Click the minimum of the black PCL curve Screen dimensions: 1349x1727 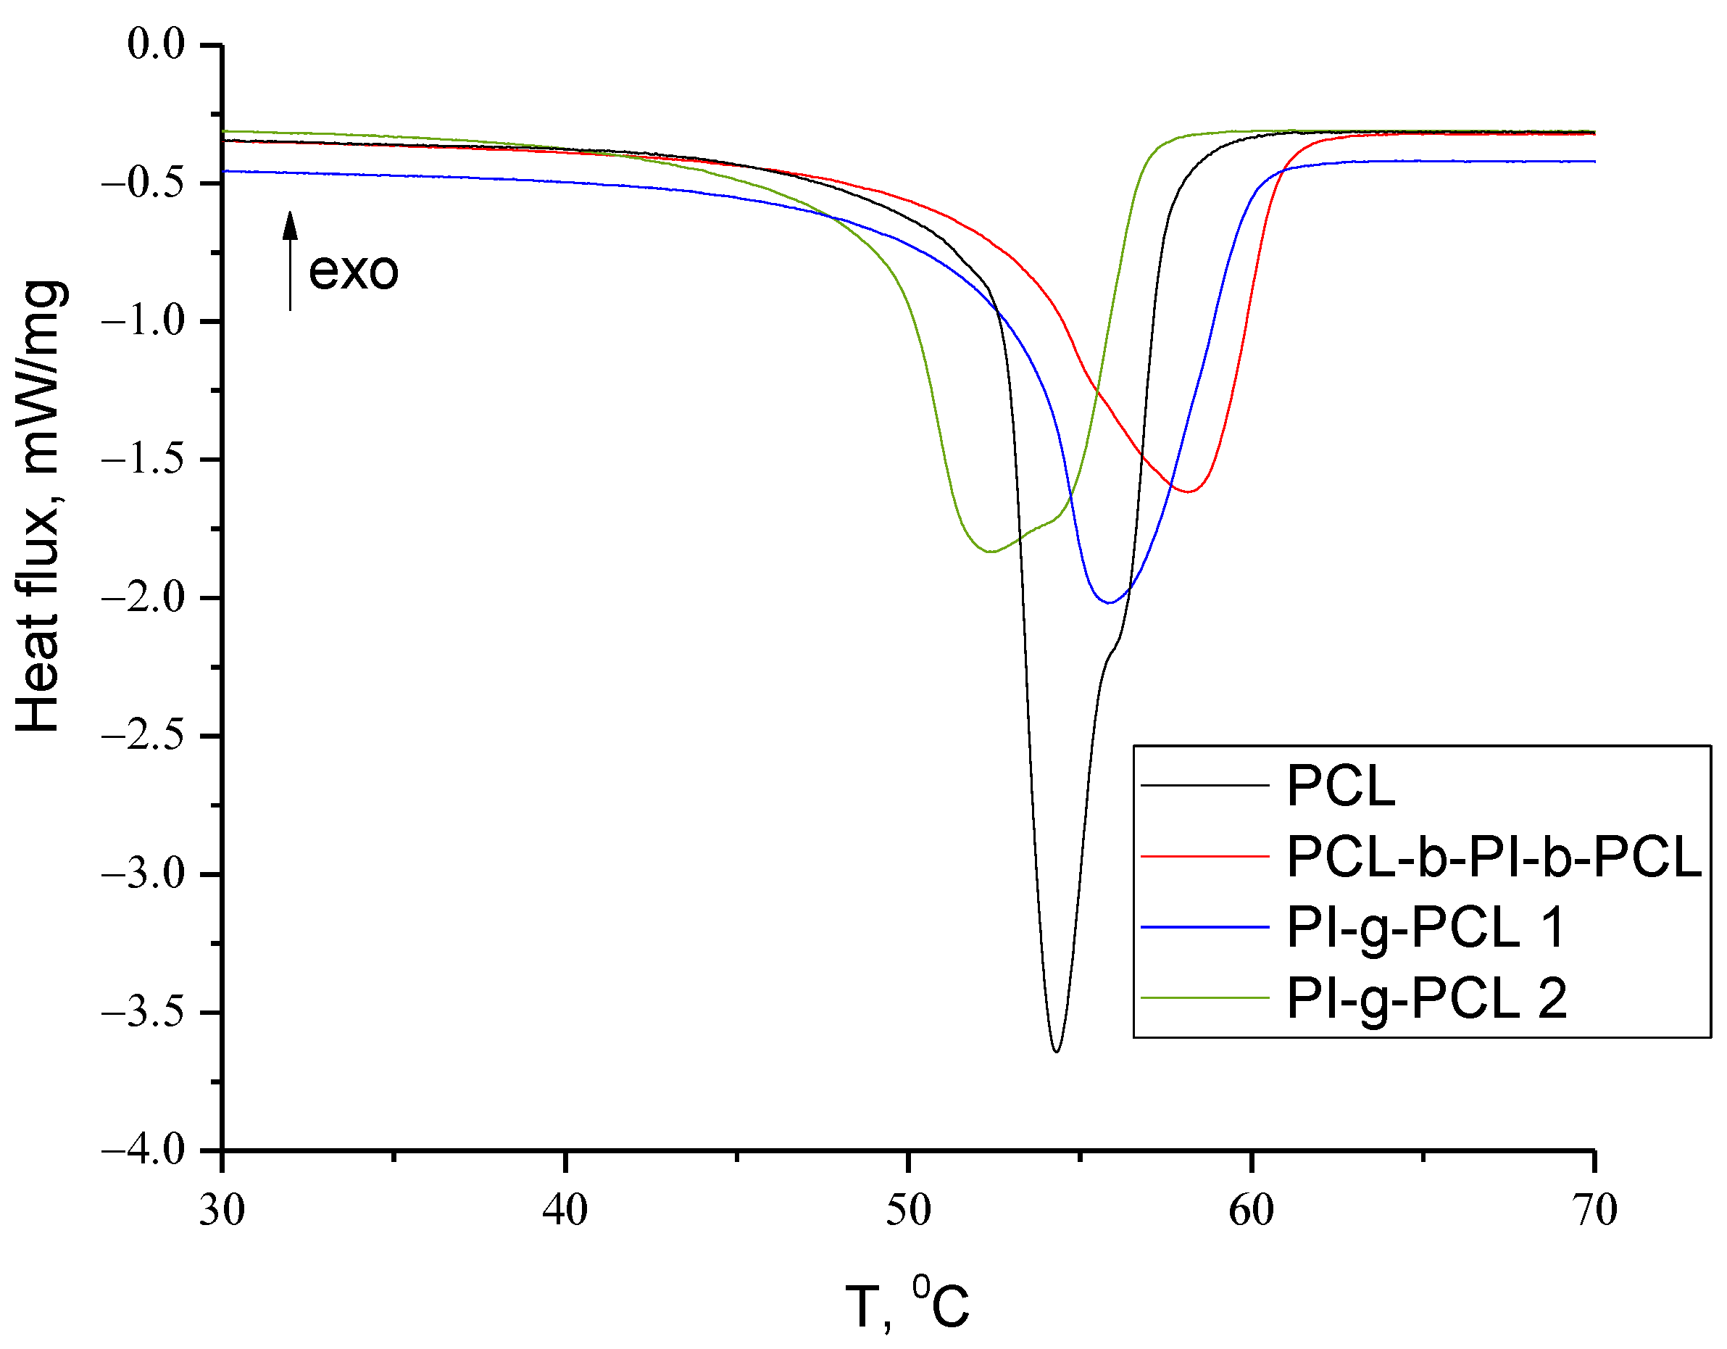(x=1057, y=1050)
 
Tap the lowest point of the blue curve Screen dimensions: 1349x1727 (x=1110, y=602)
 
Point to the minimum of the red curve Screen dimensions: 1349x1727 (x=1189, y=491)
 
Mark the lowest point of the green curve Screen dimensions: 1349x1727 (x=990, y=551)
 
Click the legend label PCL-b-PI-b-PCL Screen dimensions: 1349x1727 (x=1493, y=856)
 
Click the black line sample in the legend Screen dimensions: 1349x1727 (x=1204, y=785)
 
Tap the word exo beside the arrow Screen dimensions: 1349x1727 (x=353, y=271)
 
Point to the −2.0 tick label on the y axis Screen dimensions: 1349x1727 (x=142, y=597)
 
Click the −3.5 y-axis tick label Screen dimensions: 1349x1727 (x=142, y=1012)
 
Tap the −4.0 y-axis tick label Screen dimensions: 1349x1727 (x=142, y=1149)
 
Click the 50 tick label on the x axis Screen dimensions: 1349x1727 (x=908, y=1211)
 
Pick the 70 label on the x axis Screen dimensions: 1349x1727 (x=1594, y=1211)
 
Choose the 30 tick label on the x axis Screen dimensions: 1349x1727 (x=222, y=1211)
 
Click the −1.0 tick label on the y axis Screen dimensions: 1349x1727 (x=142, y=321)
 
